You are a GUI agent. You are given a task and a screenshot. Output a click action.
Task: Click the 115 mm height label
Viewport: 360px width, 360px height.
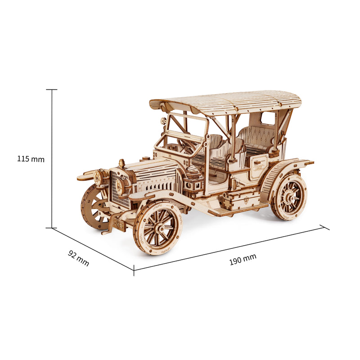point(31,159)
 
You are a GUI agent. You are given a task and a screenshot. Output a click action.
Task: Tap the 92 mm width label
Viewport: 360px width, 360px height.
point(78,258)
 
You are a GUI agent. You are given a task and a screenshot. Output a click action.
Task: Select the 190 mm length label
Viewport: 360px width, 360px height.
point(243,260)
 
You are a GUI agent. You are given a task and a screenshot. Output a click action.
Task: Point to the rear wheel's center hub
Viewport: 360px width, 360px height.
point(290,197)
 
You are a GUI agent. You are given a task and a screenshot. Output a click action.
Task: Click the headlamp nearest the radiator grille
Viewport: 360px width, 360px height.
point(122,185)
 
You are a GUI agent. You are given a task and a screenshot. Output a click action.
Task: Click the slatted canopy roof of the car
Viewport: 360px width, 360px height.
point(226,102)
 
